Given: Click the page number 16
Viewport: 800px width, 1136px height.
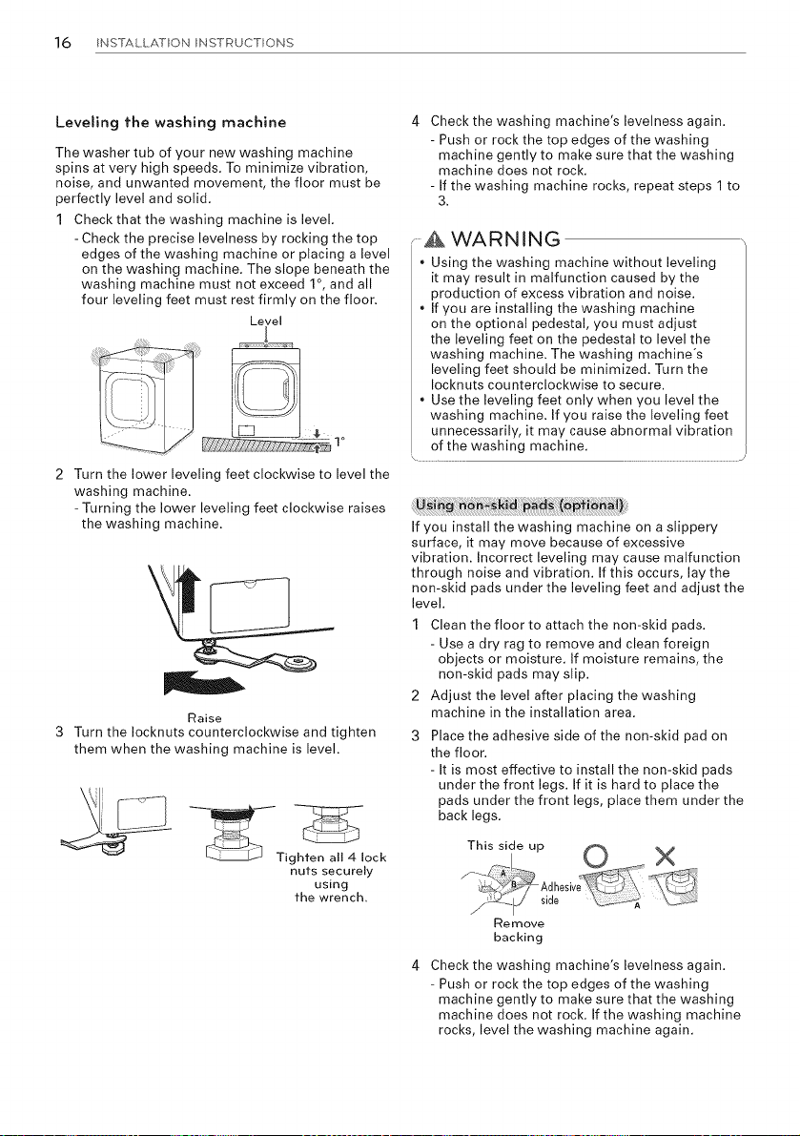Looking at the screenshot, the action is pyautogui.click(x=64, y=42).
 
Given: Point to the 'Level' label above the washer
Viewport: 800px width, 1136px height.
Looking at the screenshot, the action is pyautogui.click(x=265, y=320).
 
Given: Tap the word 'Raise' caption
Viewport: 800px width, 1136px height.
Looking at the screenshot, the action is pyautogui.click(x=204, y=718).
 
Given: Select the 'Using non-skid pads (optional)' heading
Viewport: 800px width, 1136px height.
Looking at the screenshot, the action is pyautogui.click(x=521, y=505).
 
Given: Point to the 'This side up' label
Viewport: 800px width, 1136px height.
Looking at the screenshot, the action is pyautogui.click(x=505, y=845).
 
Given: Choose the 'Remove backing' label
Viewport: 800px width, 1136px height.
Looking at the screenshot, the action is pyautogui.click(x=518, y=930).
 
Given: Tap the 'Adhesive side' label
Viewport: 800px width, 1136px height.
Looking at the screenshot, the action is pyautogui.click(x=561, y=894).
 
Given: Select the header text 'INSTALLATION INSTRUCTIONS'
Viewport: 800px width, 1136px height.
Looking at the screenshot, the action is pyautogui.click(x=194, y=43).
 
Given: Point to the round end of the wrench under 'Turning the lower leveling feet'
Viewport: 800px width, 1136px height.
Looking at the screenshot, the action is pyautogui.click(x=297, y=663).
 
